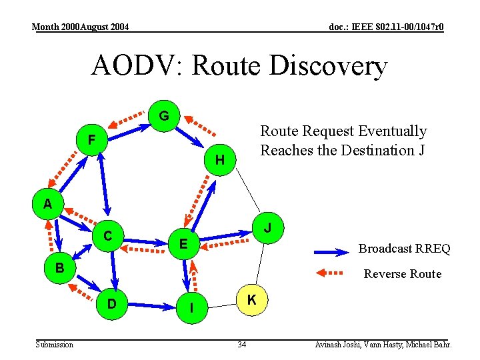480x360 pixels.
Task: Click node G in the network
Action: [164, 116]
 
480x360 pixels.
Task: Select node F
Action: [91, 140]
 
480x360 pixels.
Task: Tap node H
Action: [220, 160]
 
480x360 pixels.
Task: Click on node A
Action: [47, 204]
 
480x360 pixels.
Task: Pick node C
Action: [107, 235]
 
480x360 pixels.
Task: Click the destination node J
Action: [267, 228]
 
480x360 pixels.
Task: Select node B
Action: [59, 268]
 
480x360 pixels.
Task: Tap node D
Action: [112, 305]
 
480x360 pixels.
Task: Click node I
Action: [192, 308]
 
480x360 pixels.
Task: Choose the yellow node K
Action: [252, 300]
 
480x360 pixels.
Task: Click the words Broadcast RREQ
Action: [404, 249]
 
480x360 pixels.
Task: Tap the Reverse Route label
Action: [402, 273]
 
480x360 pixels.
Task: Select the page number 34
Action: [242, 345]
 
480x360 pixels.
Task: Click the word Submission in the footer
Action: [54, 345]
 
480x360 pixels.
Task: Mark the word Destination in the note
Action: [377, 150]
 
